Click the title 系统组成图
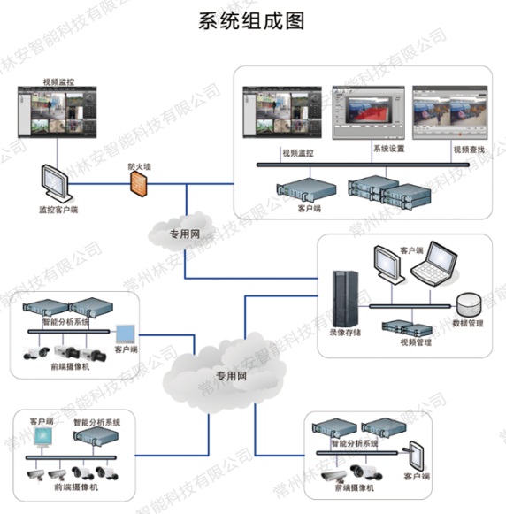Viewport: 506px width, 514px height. tap(253, 20)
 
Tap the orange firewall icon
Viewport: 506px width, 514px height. tap(137, 183)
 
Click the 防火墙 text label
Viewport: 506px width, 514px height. tap(138, 165)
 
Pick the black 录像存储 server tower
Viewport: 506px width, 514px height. tap(341, 298)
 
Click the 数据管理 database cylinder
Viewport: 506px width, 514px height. tap(470, 303)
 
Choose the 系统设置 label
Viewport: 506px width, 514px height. tap(388, 149)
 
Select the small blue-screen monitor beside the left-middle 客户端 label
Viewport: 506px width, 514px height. tap(126, 334)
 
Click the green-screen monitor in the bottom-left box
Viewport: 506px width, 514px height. tap(42, 438)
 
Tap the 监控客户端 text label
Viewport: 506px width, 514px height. tap(57, 211)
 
